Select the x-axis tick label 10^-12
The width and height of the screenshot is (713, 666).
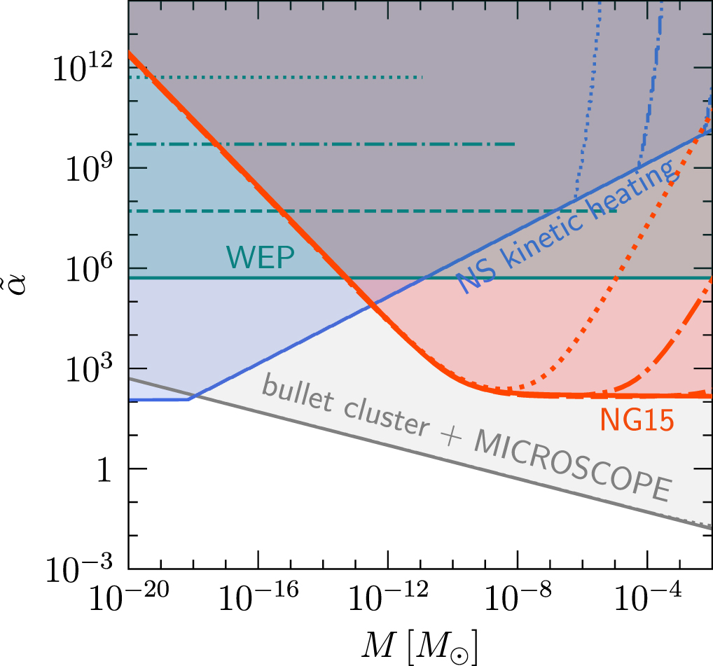click(x=387, y=602)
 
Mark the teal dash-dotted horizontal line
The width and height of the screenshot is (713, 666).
click(x=322, y=144)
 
